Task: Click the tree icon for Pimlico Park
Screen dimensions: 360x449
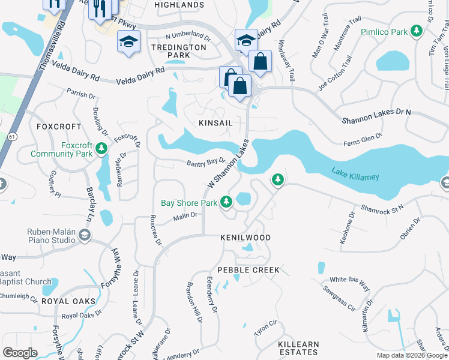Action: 416,31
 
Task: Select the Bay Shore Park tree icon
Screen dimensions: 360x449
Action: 226,203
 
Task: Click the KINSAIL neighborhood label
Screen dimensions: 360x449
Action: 215,122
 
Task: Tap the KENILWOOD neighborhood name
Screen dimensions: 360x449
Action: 245,238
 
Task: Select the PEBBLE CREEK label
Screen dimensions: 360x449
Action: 249,270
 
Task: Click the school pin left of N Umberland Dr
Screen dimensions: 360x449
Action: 127,42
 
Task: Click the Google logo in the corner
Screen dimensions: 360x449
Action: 20,353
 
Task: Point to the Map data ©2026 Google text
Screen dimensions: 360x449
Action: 411,355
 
